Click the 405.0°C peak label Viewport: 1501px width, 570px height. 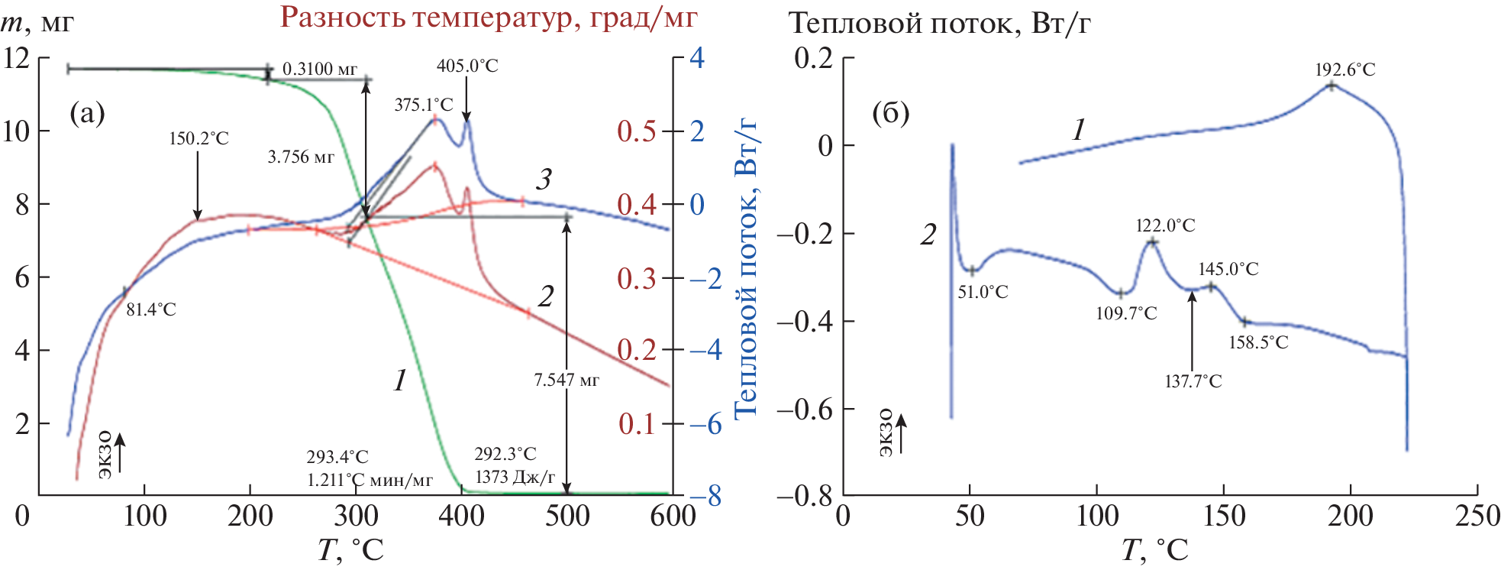(x=467, y=66)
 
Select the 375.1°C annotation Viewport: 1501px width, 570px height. (x=424, y=105)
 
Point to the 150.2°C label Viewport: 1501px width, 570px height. (x=199, y=138)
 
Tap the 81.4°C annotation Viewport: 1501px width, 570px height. (x=150, y=309)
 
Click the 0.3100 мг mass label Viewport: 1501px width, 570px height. (x=319, y=70)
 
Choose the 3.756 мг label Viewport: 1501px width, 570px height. (x=301, y=157)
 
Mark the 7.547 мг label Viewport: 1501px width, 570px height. (x=567, y=380)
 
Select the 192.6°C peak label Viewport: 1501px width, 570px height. (x=1344, y=70)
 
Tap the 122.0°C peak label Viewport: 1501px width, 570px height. (x=1165, y=225)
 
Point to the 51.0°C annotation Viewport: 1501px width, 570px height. (x=983, y=292)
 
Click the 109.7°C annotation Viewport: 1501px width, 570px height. (x=1126, y=313)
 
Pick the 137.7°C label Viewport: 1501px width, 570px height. (x=1193, y=381)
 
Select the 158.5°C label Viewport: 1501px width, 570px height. (x=1258, y=342)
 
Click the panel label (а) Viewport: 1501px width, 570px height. (x=87, y=114)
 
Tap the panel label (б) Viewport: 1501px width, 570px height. (x=890, y=114)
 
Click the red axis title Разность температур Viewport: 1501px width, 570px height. (x=489, y=18)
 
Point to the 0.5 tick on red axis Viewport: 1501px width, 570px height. (x=637, y=131)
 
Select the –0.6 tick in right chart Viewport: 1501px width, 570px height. (x=805, y=410)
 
